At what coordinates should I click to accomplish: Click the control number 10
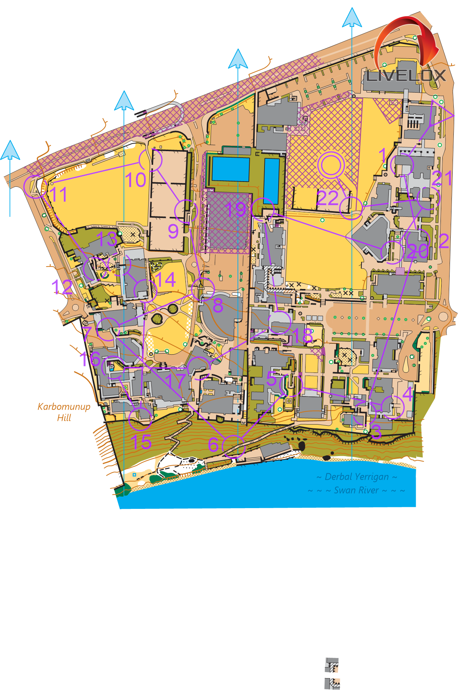[136, 180]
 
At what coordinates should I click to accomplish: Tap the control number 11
[59, 194]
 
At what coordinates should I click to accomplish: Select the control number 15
[141, 442]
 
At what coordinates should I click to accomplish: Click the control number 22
[327, 198]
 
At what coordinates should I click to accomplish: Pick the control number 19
[236, 209]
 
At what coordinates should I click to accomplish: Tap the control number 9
[173, 231]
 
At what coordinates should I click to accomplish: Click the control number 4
[408, 394]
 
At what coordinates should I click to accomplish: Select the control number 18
[303, 335]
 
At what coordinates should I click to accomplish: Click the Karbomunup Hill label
[64, 412]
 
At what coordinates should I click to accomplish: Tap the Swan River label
[356, 490]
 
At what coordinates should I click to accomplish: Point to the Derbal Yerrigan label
[356, 477]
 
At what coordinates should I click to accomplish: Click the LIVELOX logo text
[405, 76]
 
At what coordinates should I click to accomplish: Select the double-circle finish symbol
[331, 165]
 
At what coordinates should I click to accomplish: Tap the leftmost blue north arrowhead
[10, 150]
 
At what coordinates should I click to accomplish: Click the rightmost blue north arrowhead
[352, 18]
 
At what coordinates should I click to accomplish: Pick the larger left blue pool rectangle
[230, 169]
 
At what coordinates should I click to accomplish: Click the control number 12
[62, 287]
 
